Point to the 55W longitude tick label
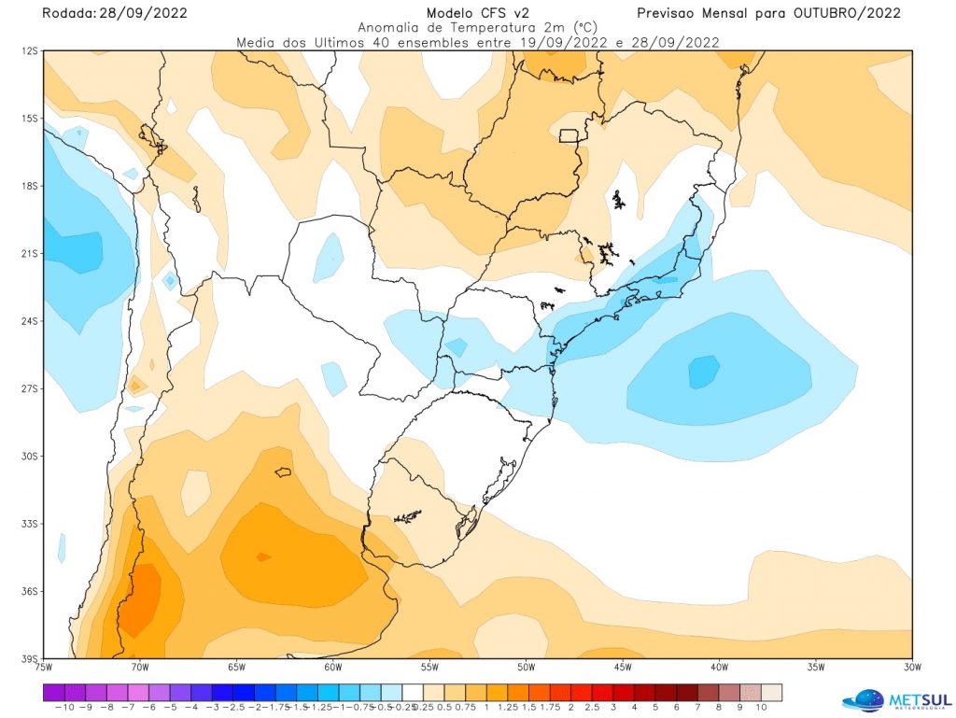tap(429, 667)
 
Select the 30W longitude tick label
tap(912, 667)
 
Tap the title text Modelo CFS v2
tap(477, 13)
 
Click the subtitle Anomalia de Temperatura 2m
tap(478, 28)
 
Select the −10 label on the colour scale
tap(64, 708)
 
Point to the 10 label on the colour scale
tap(761, 708)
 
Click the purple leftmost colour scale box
tap(53, 692)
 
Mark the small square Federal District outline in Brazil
tap(568, 135)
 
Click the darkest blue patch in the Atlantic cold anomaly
tap(704, 372)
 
